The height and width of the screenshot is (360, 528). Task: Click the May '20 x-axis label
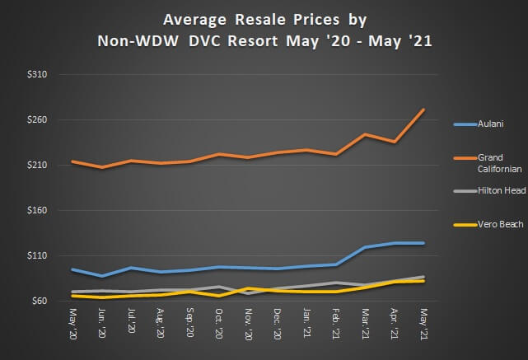point(73,324)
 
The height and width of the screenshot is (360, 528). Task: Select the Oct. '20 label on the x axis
point(218,324)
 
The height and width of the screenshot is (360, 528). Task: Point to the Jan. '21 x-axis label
point(306,324)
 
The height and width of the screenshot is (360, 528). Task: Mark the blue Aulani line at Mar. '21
point(364,247)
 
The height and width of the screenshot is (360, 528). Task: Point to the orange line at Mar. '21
point(364,134)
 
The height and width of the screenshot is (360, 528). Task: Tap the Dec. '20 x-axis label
point(277,324)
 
